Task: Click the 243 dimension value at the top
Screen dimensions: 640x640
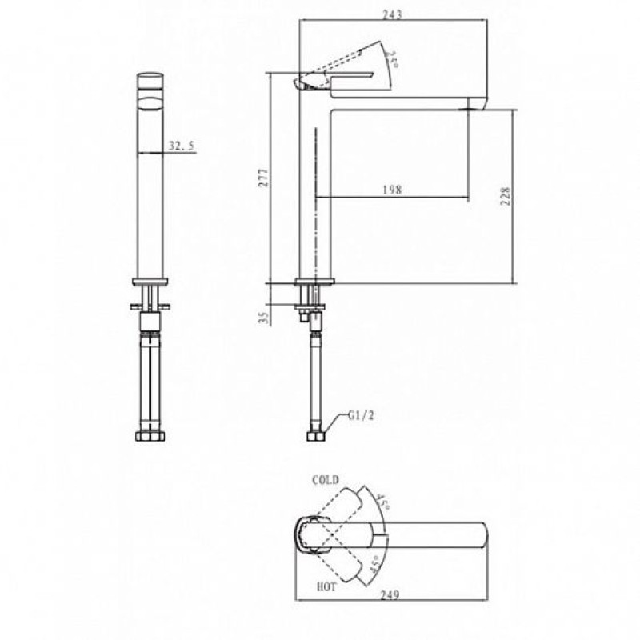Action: [392, 14]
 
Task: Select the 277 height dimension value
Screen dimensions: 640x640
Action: [264, 178]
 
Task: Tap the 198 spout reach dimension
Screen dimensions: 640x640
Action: [392, 190]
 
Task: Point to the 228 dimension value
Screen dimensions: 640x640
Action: [506, 196]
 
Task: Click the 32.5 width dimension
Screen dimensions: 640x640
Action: [182, 146]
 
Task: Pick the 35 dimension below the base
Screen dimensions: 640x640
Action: [265, 318]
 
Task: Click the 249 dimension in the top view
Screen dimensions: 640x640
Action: [390, 595]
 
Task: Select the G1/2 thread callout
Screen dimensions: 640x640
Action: [361, 415]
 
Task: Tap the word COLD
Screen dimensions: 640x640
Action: [326, 480]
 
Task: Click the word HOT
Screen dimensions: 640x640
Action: [326, 587]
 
